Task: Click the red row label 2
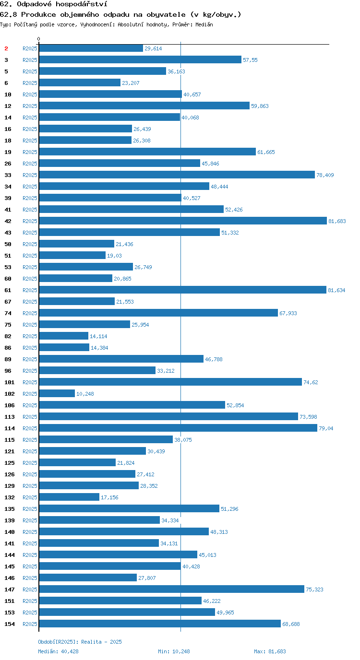click(x=6, y=48)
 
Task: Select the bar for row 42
click(x=183, y=221)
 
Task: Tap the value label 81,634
click(x=336, y=290)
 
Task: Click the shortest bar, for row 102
click(x=57, y=393)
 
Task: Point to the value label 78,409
click(x=325, y=175)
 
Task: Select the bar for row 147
click(x=171, y=589)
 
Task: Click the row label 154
click(x=10, y=624)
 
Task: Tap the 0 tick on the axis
click(x=38, y=39)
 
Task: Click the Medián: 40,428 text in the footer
click(x=58, y=651)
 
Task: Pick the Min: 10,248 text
click(x=174, y=651)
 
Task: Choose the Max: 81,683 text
click(x=270, y=651)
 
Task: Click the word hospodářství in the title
click(x=82, y=4)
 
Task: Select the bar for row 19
click(x=147, y=152)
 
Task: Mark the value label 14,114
click(x=98, y=336)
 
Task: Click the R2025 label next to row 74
click(x=30, y=313)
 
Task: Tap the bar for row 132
click(x=69, y=497)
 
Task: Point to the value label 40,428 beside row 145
click(x=191, y=566)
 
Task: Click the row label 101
click(x=10, y=382)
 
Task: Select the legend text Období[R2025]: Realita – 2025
click(x=80, y=642)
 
